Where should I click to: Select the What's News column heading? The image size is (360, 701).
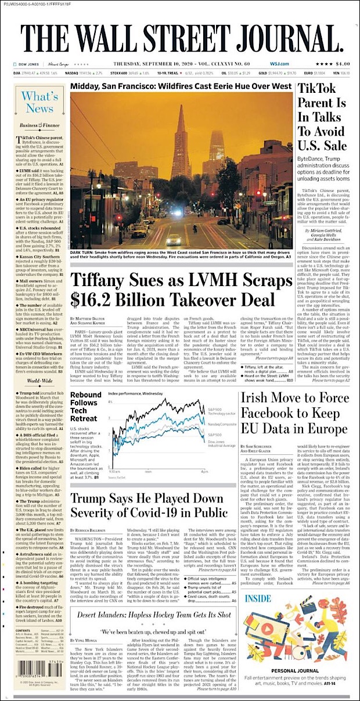click(38, 103)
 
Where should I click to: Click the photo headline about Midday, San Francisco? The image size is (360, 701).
click(181, 86)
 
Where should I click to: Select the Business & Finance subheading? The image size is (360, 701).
click(38, 125)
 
